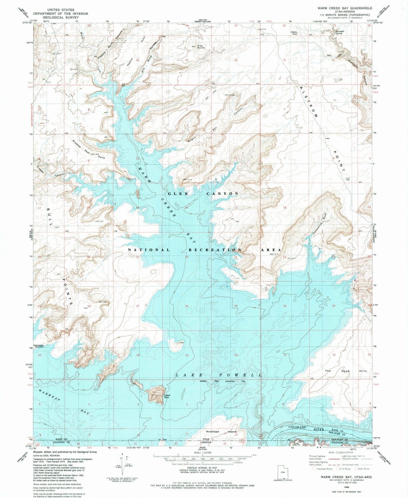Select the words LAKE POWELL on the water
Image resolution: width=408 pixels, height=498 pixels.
pyautogui.click(x=219, y=375)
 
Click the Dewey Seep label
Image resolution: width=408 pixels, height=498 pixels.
pyautogui.click(x=294, y=32)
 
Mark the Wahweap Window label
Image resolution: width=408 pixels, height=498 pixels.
pyautogui.click(x=39, y=346)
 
